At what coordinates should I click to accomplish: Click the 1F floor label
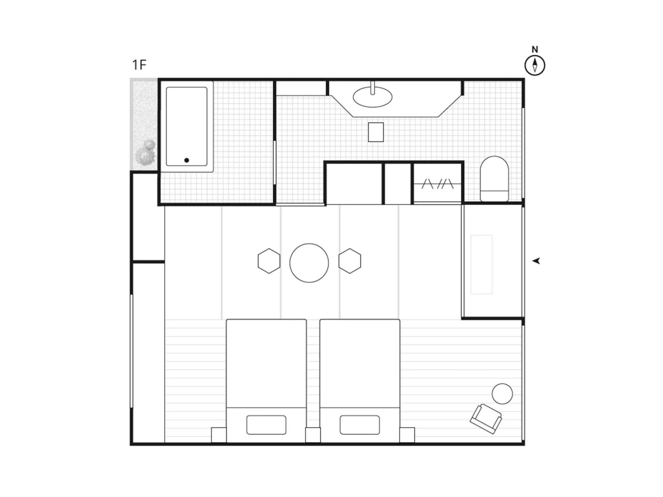139,65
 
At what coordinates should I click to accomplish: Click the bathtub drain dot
187,160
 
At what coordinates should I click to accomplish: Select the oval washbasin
373,97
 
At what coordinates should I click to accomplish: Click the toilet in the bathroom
494,179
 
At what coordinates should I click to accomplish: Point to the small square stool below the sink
376,132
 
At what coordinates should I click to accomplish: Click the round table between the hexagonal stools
309,263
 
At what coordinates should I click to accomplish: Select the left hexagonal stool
269,261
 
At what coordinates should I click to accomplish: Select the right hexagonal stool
350,261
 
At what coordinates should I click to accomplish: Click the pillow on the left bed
266,425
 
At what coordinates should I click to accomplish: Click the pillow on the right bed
360,425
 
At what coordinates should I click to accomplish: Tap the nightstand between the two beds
313,435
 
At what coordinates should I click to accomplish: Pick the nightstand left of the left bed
219,435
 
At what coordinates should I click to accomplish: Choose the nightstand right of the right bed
407,435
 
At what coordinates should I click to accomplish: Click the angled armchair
486,419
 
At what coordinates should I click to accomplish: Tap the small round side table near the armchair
502,394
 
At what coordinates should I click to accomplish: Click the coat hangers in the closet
438,184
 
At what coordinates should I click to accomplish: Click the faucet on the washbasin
373,88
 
